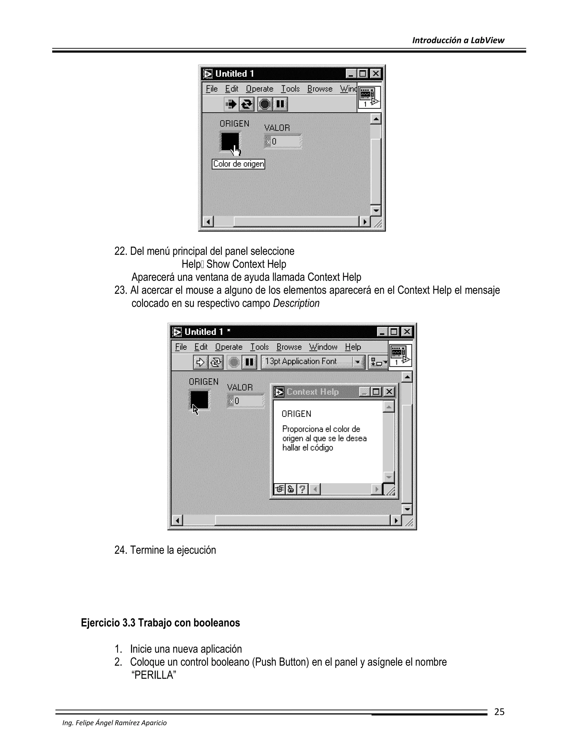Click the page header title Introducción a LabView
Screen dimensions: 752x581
point(458,40)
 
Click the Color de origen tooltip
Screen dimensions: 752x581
point(238,164)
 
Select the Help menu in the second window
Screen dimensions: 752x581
point(353,347)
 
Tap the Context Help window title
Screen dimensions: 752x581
point(313,392)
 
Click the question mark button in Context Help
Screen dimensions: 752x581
point(302,489)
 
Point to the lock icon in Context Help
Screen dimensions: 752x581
point(291,489)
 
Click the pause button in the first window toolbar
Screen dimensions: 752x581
point(281,104)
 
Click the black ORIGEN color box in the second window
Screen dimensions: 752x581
point(200,400)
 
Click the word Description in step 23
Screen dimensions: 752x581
point(296,303)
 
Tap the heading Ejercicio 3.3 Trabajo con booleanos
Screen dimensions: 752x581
point(160,623)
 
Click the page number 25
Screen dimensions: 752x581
point(499,712)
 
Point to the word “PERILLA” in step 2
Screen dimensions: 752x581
point(154,675)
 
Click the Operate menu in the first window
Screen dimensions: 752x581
point(260,89)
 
